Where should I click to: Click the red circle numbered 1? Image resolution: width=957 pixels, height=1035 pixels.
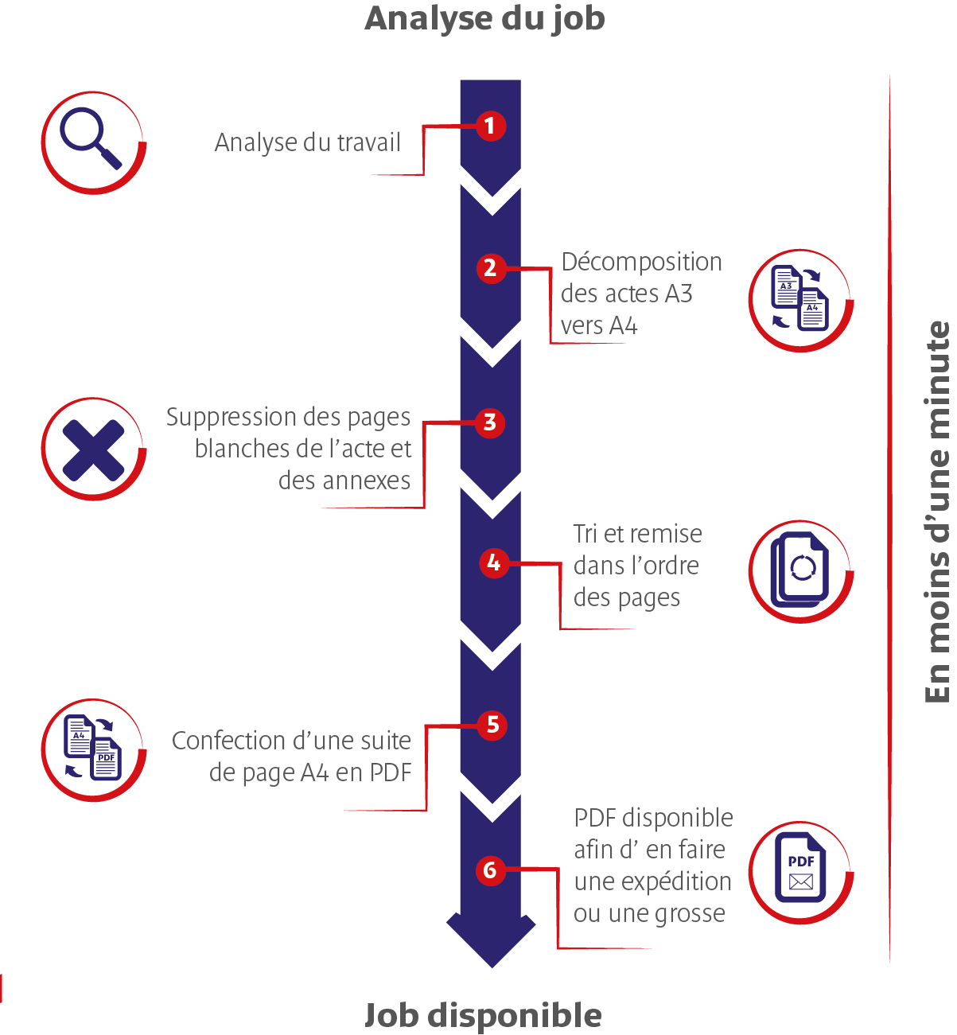point(490,126)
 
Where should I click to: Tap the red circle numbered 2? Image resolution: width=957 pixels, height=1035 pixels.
point(490,268)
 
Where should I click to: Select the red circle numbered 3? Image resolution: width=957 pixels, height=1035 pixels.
point(490,422)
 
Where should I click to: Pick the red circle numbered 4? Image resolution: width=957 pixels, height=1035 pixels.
point(494,563)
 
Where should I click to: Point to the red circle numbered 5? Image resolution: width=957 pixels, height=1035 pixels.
point(492,725)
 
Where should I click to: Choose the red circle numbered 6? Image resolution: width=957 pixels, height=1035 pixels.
point(490,870)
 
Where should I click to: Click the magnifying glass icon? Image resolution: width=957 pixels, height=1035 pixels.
point(91,141)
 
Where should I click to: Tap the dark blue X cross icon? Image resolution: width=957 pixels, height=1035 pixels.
point(93,449)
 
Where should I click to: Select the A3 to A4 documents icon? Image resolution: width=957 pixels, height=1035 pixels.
point(799,299)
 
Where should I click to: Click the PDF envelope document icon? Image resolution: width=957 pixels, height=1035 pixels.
point(800,871)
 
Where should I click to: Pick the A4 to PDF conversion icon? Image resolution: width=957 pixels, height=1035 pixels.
point(92,749)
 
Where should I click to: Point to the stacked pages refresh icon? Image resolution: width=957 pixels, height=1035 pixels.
point(799,570)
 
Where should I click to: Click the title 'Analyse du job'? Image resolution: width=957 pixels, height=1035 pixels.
point(484,18)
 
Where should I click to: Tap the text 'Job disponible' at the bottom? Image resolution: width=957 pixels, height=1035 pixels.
point(483,1015)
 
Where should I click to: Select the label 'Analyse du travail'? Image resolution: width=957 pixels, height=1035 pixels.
point(307,142)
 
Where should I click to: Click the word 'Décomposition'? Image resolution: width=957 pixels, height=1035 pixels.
point(641,262)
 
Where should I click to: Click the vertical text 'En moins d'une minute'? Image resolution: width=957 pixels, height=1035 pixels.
point(938,512)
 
